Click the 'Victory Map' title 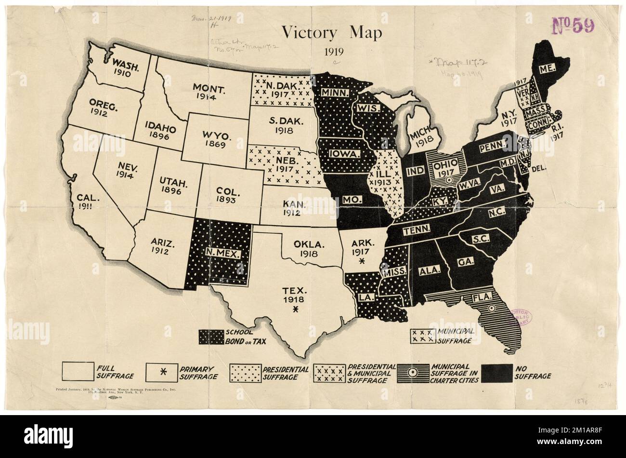pos(332,33)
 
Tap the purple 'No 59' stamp pos(573,25)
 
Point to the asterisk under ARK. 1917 pos(362,261)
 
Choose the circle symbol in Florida pos(491,308)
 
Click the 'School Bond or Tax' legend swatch pos(210,337)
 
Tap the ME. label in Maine pos(545,69)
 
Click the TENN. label pos(413,230)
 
